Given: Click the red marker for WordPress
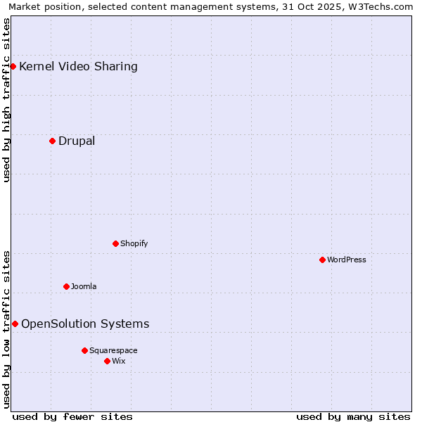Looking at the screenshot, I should click(322, 260).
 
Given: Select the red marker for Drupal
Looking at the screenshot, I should click(52, 141).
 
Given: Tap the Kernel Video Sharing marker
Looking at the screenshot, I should click(13, 67).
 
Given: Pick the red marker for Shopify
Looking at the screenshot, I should click(115, 243).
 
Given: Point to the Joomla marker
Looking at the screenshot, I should click(66, 286).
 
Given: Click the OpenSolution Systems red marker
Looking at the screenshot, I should click(15, 324).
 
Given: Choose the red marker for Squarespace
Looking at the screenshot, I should click(84, 350).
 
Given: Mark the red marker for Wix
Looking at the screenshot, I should click(107, 361).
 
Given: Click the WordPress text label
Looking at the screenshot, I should click(347, 260).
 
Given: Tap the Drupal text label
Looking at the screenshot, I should click(77, 141).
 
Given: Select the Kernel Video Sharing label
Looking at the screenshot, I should click(78, 67).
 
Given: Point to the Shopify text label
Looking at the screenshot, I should click(134, 243).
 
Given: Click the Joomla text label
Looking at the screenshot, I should click(84, 286).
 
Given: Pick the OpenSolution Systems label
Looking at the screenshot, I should click(85, 324).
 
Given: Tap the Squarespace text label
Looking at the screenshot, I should click(113, 350).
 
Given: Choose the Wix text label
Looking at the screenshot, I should click(119, 361).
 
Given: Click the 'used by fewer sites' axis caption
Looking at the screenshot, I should click(72, 416).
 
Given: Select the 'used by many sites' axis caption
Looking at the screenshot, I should click(353, 416).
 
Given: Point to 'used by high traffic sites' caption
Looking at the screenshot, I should click(7, 100).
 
